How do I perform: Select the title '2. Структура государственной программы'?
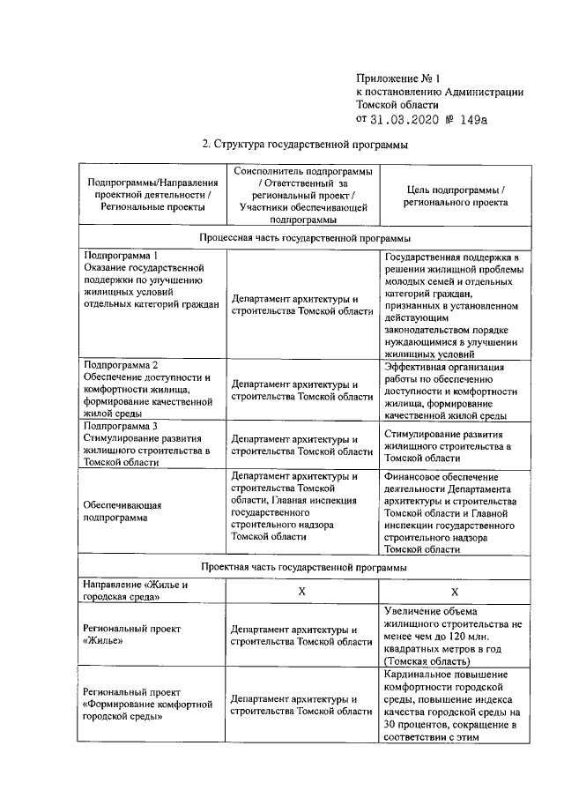click(306, 145)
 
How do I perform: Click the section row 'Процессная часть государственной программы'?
click(305, 238)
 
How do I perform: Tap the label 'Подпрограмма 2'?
click(121, 365)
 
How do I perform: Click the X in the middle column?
click(301, 592)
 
